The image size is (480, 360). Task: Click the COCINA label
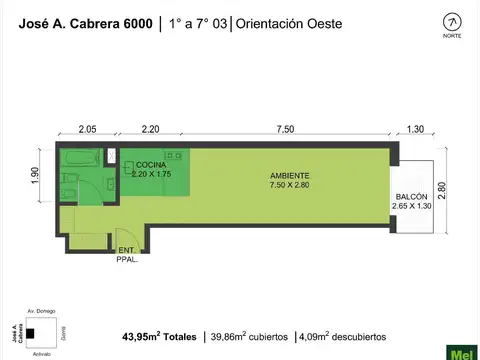point(151,164)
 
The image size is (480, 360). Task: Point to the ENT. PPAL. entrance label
point(127,254)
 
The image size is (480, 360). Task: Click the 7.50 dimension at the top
point(286,129)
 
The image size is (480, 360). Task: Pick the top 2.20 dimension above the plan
point(151,129)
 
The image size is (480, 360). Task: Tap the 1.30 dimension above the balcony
point(416,129)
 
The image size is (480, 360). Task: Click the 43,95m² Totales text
point(159,337)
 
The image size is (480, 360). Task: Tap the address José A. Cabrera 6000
point(83,23)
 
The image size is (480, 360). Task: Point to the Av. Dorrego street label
point(37,312)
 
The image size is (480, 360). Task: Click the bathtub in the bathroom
point(76,160)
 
